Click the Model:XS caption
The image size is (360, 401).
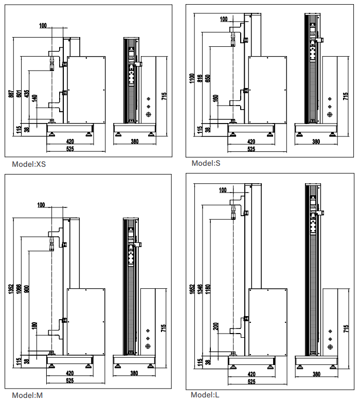[x=29, y=164]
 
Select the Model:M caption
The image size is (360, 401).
[x=27, y=395]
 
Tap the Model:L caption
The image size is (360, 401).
[x=205, y=395]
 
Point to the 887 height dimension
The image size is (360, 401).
[x=11, y=95]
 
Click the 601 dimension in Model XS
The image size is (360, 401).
[x=19, y=94]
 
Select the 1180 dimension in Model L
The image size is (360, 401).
[x=207, y=290]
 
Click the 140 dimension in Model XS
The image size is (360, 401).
[x=34, y=98]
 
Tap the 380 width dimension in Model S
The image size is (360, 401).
[x=316, y=142]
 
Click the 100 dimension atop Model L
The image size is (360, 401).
[x=223, y=190]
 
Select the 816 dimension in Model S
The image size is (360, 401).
[x=200, y=78]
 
